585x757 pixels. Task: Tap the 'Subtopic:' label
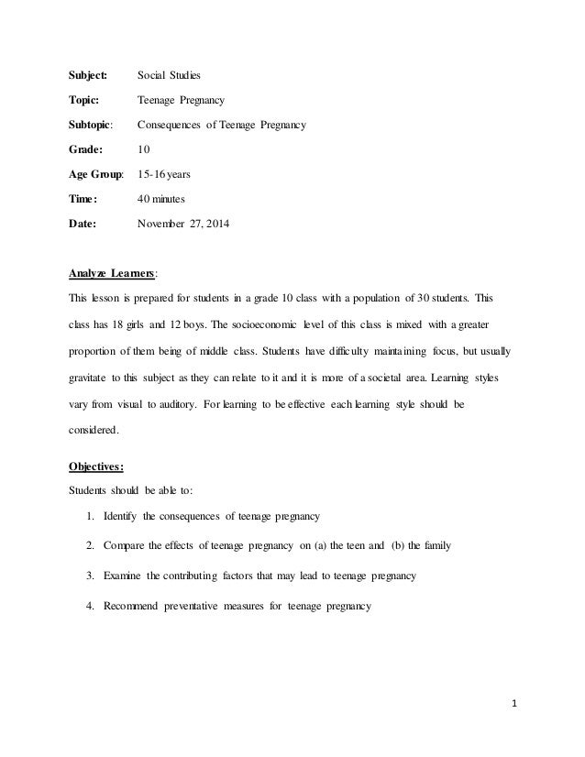click(93, 124)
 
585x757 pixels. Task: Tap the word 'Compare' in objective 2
click(127, 544)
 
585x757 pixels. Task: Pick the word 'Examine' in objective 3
click(127, 576)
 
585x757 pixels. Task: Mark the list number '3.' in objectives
click(92, 576)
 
